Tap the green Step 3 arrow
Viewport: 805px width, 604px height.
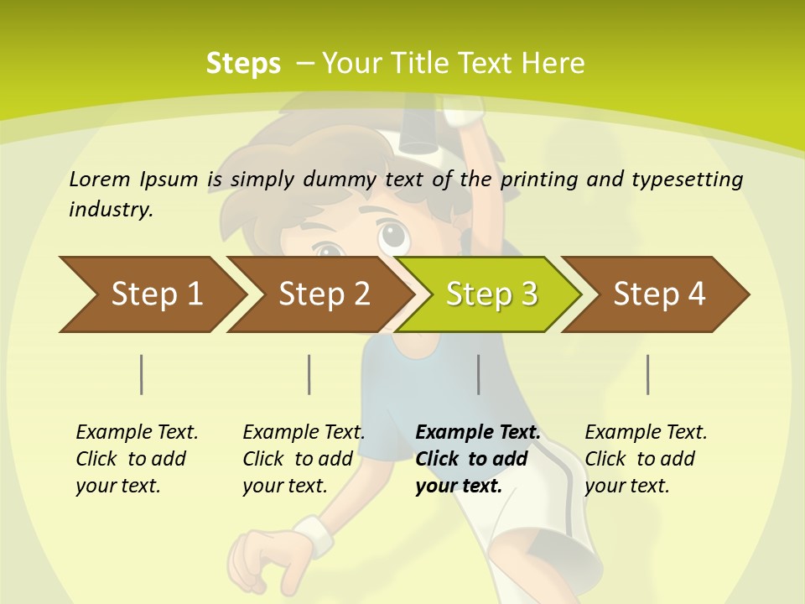point(491,294)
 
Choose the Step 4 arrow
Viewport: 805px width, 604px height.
point(658,294)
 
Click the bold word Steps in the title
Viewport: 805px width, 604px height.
point(243,64)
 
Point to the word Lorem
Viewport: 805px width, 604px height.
point(100,179)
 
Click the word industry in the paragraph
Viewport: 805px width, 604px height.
point(109,209)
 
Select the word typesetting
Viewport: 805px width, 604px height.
point(688,180)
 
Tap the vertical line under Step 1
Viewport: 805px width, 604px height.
point(141,374)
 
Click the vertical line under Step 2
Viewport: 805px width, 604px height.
point(309,374)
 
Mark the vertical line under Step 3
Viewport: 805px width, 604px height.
point(478,374)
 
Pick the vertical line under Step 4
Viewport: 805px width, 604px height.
point(647,374)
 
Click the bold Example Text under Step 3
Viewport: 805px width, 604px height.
point(478,433)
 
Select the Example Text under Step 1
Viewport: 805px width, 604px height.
point(137,433)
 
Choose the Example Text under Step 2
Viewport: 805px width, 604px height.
point(304,433)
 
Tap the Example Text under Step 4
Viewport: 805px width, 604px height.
point(646,433)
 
